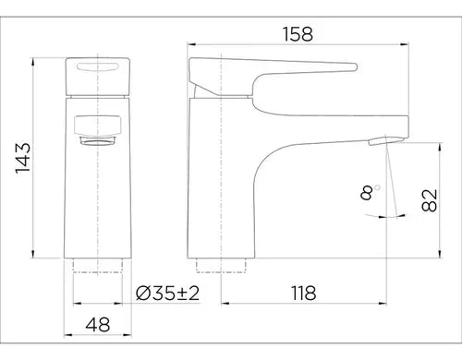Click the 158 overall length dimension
point(298,34)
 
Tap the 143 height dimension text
point(23,158)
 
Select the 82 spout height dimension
point(430,200)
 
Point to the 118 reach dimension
point(304,293)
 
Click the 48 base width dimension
point(98,325)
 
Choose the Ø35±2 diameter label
point(168,293)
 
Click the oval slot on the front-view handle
point(97,67)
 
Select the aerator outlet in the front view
point(98,141)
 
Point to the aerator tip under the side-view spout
point(378,141)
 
